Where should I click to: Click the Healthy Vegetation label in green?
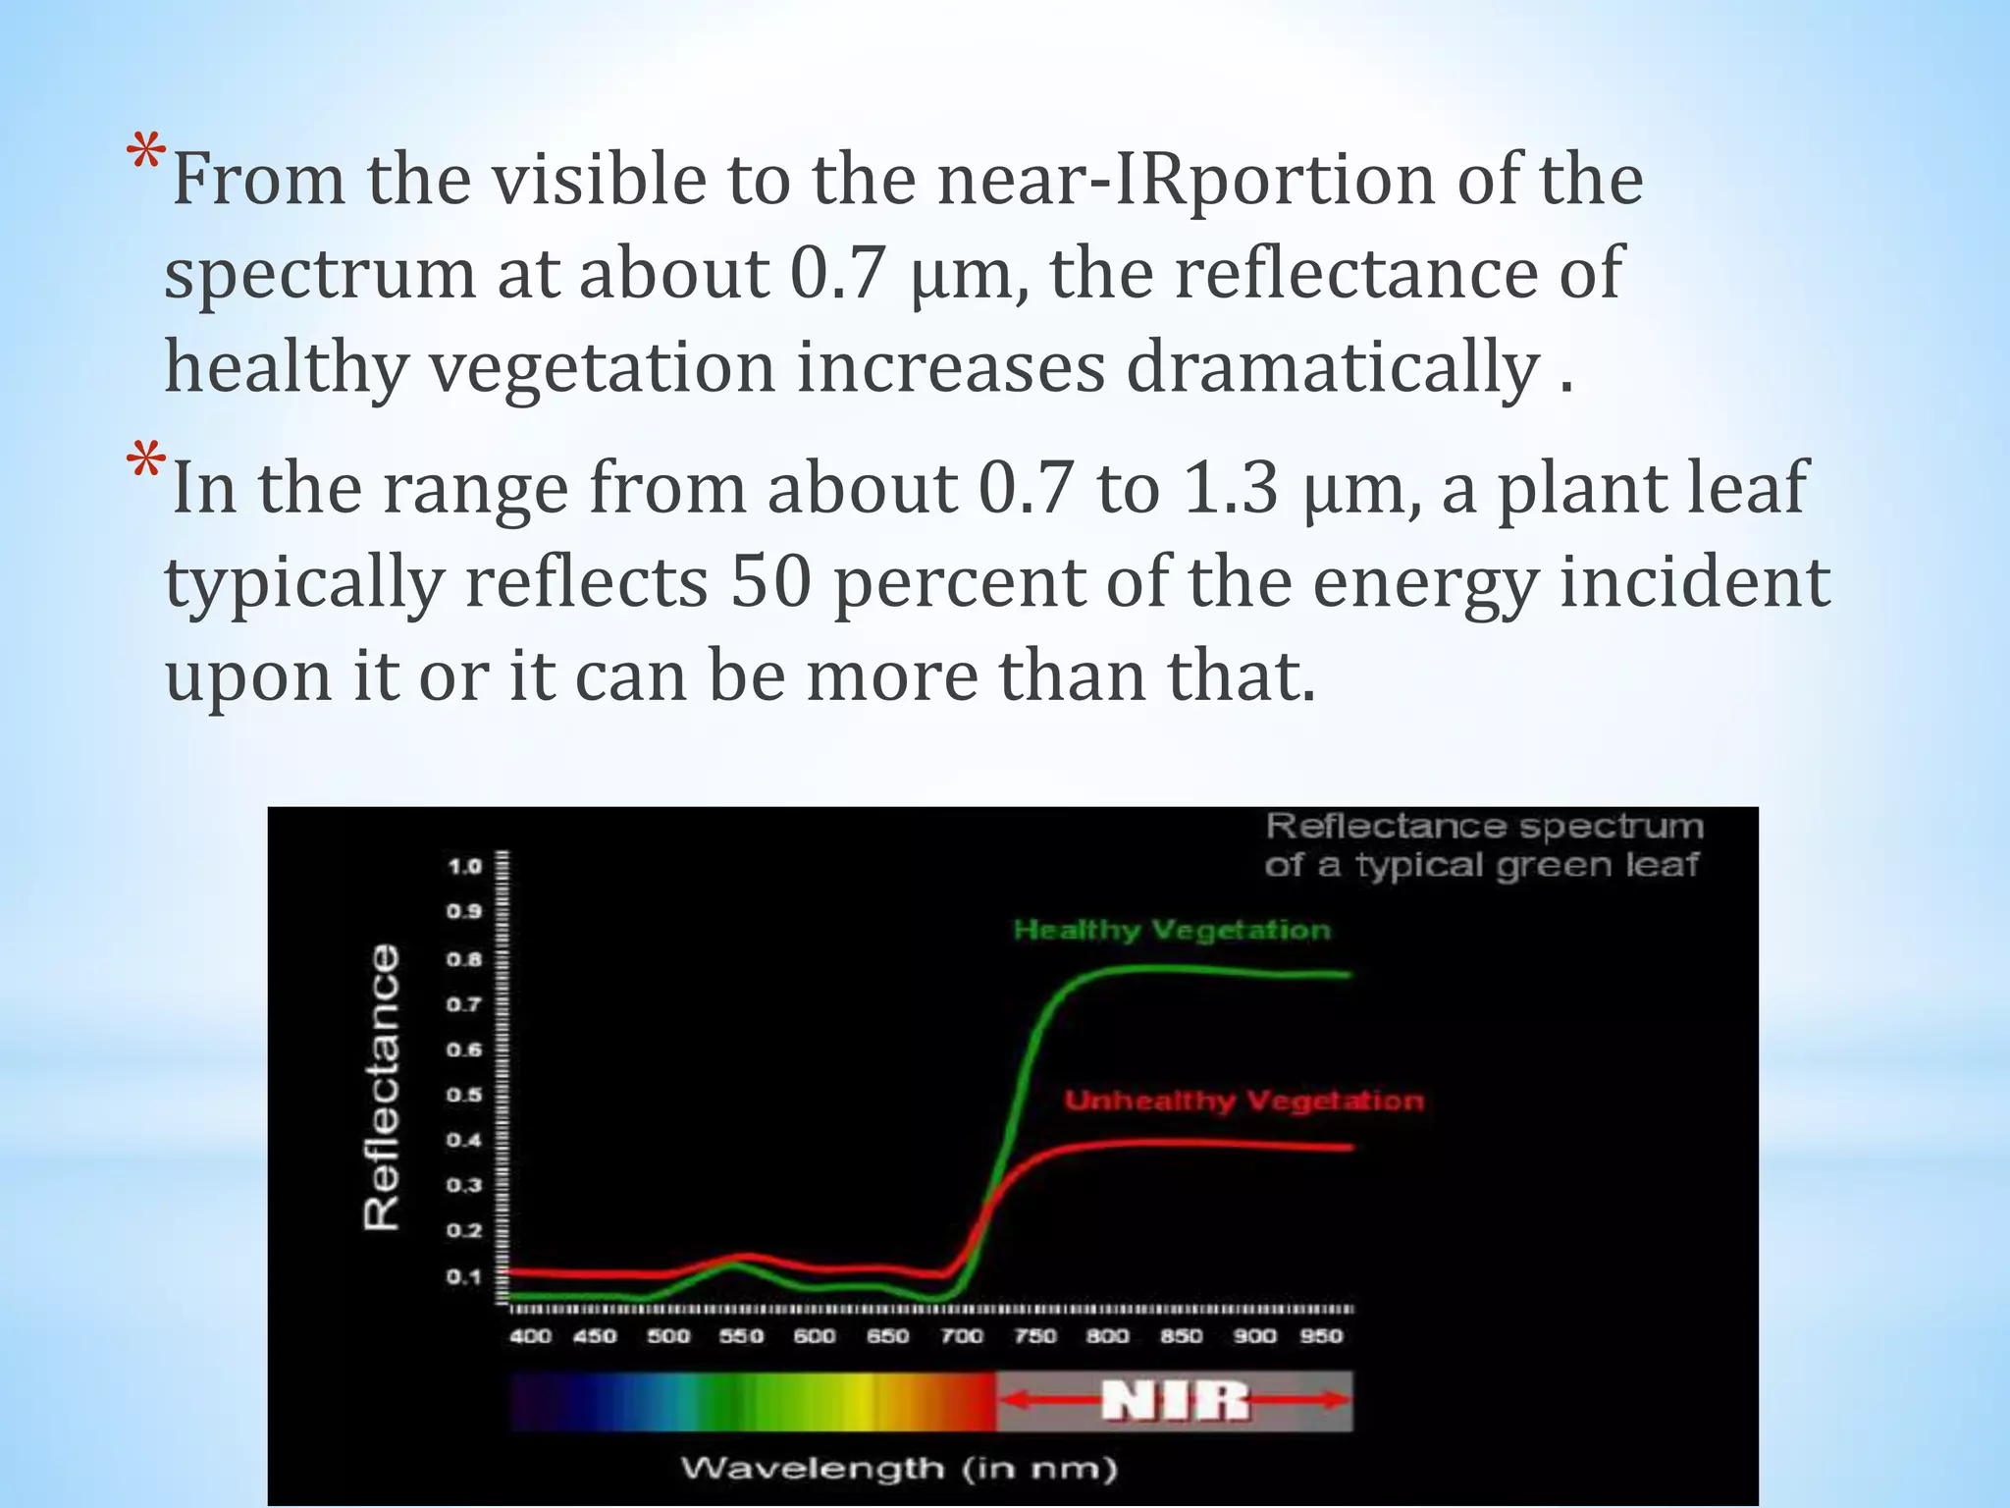1172,930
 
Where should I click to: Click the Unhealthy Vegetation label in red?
1243,1101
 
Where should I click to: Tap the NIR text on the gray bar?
1175,1401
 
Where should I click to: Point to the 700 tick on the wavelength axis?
962,1336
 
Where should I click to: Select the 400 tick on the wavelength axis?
530,1336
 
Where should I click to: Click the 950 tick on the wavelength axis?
1321,1336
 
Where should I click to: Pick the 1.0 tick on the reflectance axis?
465,867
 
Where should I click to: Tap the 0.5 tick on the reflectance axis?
465,1095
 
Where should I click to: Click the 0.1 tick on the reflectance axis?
465,1277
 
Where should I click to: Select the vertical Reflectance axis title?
382,1087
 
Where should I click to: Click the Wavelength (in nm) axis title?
899,1470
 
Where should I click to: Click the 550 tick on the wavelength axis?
742,1336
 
